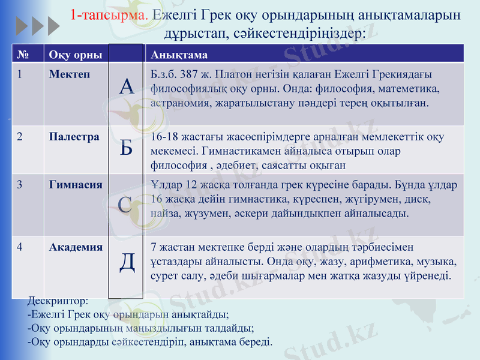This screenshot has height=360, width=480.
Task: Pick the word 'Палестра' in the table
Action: [74, 137]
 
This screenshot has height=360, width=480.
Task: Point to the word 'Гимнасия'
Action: [76, 184]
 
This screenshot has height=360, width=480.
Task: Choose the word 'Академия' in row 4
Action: [76, 247]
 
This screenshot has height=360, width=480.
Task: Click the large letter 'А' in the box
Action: [126, 88]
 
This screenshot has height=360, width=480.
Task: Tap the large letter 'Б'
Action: [126, 147]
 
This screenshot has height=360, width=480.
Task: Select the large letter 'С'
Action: [126, 204]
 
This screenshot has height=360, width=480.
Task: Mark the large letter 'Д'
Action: [127, 262]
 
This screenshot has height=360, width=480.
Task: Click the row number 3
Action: [20, 184]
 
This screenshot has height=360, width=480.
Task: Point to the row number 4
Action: [20, 247]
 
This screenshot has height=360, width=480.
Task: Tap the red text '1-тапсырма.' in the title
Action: [109, 15]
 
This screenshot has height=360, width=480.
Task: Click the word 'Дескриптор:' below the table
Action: [58, 300]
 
